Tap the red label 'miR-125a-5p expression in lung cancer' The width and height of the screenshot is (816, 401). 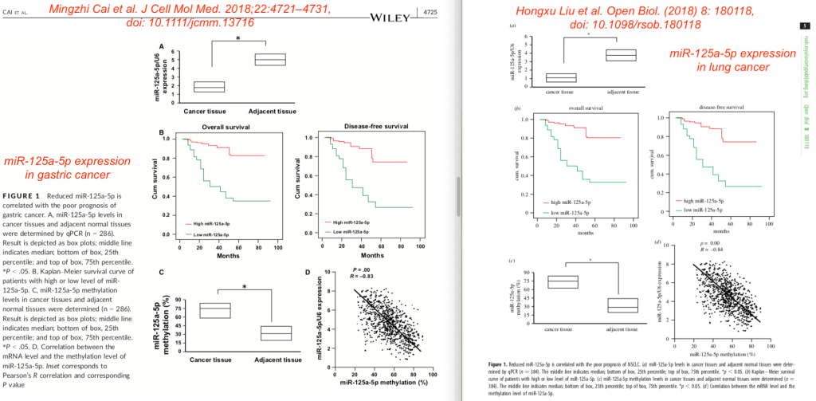[x=734, y=60]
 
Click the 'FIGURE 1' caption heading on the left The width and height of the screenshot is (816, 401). [x=26, y=195]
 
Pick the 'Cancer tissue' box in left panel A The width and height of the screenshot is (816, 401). [x=210, y=87]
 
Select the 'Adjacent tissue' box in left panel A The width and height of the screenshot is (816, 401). [x=269, y=60]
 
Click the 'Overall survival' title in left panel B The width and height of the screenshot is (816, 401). [x=212, y=127]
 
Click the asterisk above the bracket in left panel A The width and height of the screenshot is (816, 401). [x=237, y=39]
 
